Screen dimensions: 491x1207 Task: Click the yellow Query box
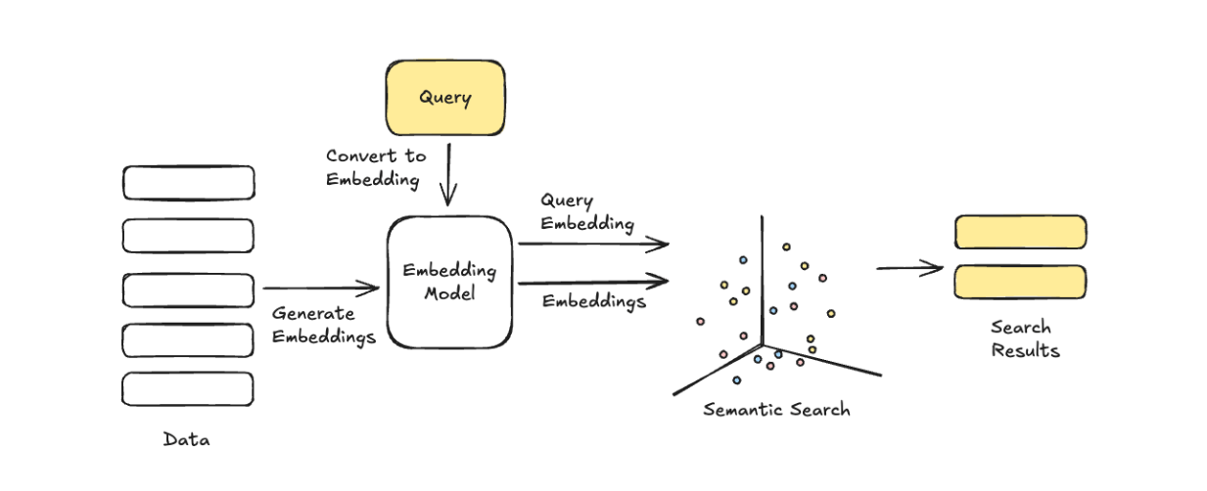(445, 98)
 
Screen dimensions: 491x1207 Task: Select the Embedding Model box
(449, 282)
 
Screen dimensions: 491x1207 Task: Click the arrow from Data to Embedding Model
(320, 288)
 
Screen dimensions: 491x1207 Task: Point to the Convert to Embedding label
(376, 167)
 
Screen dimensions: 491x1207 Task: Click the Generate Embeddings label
(324, 326)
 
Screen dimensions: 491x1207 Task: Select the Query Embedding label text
(587, 212)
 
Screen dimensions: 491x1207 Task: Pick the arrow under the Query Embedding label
(592, 244)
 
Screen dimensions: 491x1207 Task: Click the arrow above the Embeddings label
(592, 283)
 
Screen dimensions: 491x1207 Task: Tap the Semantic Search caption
(776, 410)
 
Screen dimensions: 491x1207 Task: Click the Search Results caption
(1020, 338)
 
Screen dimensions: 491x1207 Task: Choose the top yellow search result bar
(1020, 232)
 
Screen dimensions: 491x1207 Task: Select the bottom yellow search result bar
(1020, 282)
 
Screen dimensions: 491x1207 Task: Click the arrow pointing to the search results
(908, 268)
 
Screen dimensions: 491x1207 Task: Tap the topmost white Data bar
(188, 183)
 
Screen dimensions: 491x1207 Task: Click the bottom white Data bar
(188, 388)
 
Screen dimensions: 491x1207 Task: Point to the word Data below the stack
(186, 440)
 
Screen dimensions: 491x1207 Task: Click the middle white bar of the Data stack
(188, 289)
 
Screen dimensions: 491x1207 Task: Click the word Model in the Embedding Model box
(449, 292)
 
